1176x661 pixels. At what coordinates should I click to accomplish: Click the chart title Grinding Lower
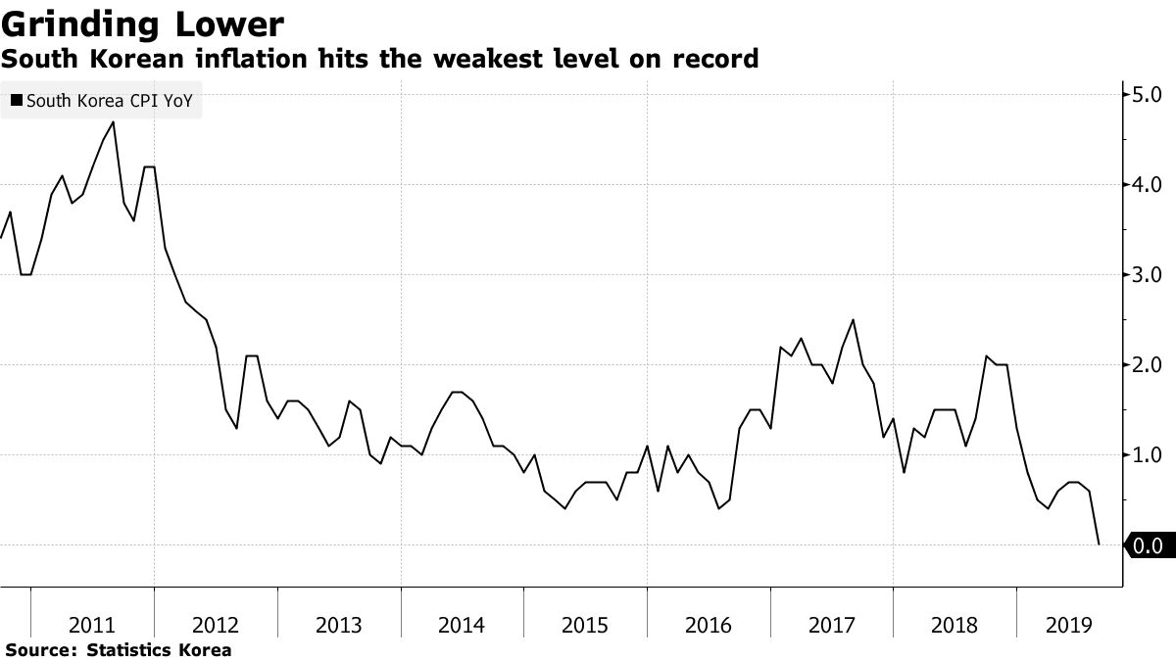click(143, 23)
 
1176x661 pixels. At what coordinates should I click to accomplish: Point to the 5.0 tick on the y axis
click(1147, 95)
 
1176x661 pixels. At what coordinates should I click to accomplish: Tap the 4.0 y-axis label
click(1147, 185)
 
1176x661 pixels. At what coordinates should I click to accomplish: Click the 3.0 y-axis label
click(1147, 275)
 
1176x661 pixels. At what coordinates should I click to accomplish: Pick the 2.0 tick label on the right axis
click(1147, 365)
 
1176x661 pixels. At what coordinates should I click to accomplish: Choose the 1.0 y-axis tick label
click(1147, 455)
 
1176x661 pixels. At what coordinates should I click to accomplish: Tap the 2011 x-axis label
click(93, 626)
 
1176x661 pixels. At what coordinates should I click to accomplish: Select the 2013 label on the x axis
click(339, 626)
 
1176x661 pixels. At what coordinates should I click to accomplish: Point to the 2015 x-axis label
click(585, 626)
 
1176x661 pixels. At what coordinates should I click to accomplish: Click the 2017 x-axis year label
click(831, 626)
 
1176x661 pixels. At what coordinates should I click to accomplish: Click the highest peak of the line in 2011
click(114, 121)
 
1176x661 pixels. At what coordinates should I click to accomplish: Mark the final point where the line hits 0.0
click(1099, 544)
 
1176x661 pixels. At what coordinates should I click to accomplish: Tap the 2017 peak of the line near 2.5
click(853, 319)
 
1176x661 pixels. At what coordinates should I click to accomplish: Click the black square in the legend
click(17, 100)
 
